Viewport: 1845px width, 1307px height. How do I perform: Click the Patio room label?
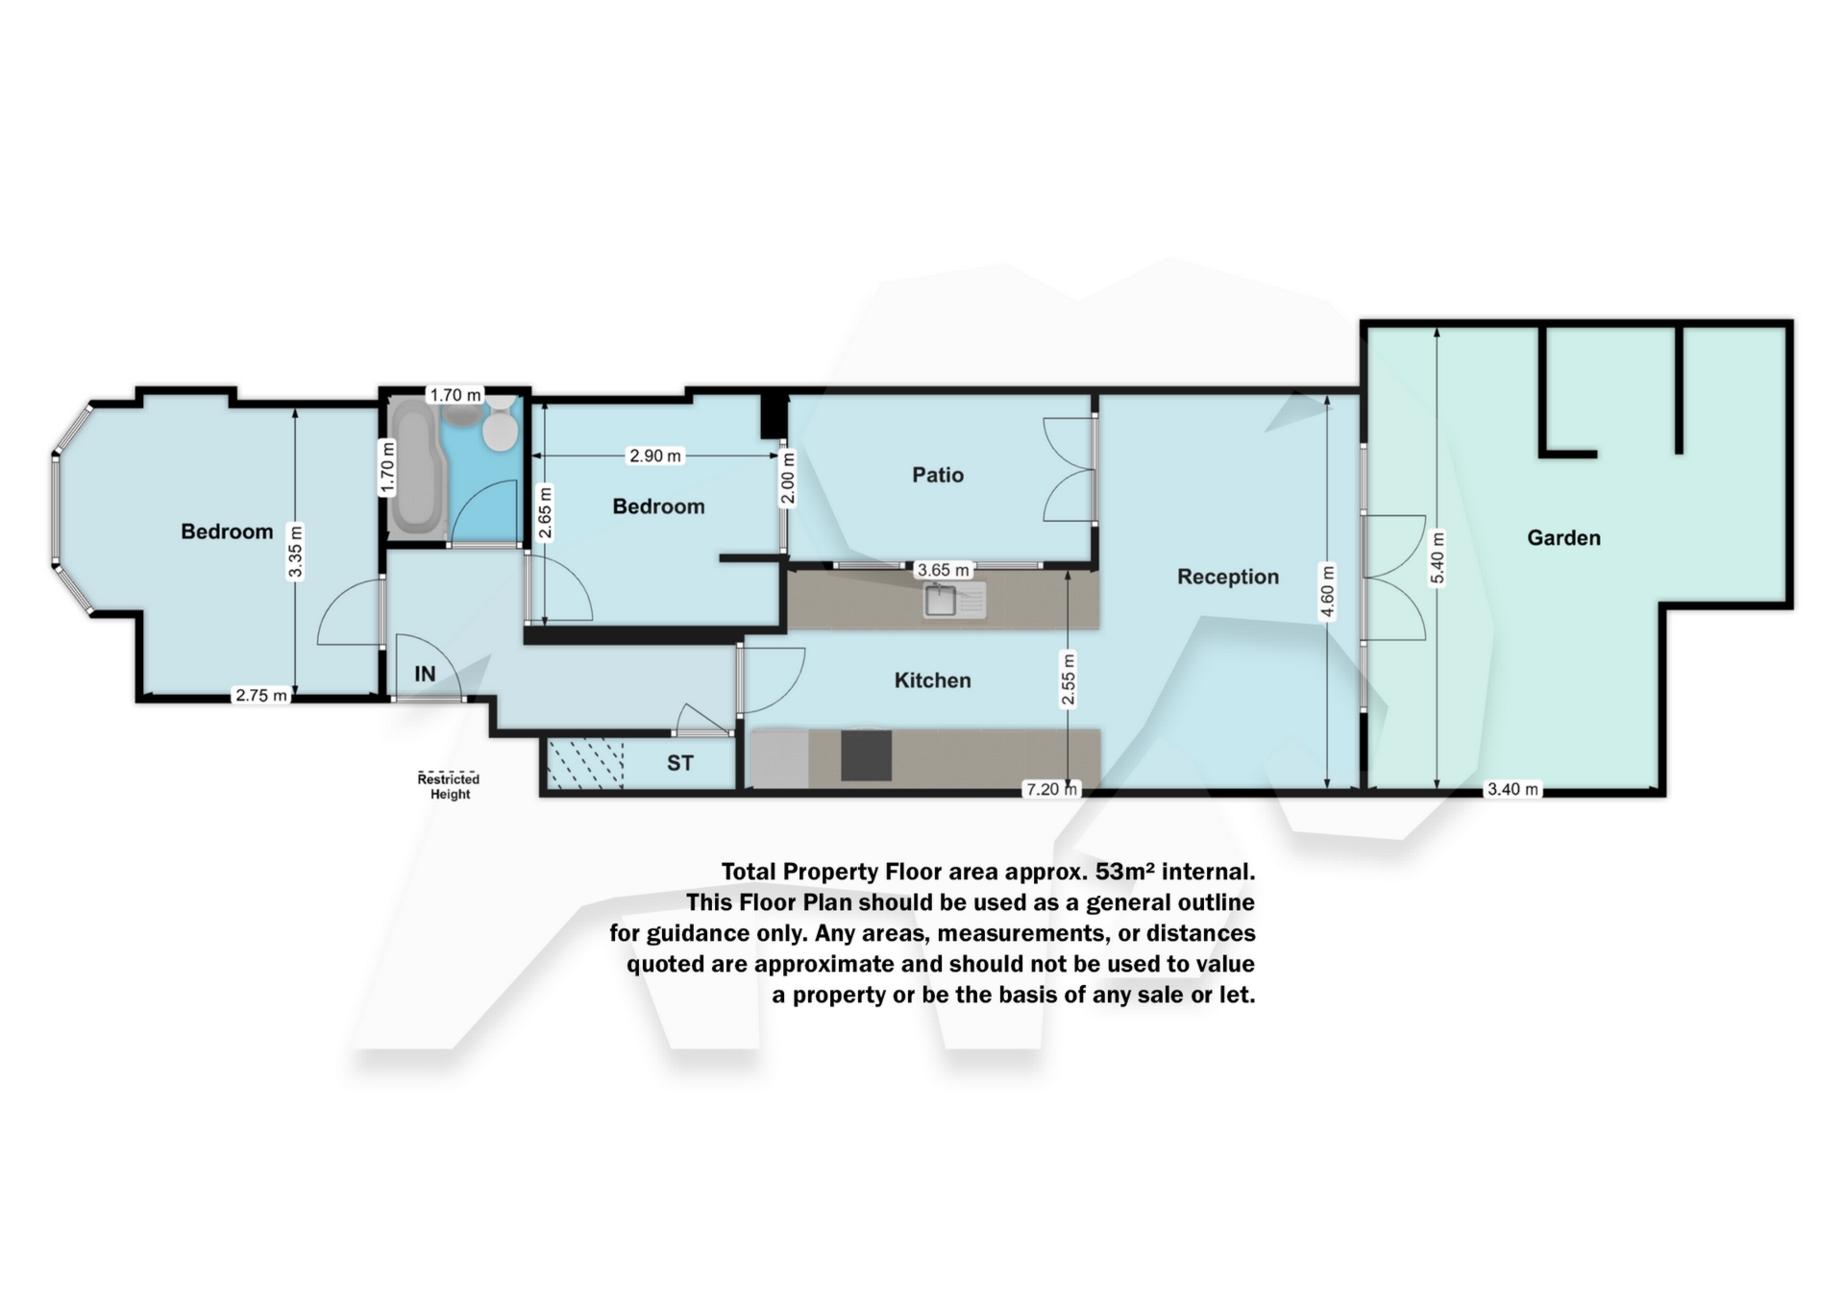[937, 475]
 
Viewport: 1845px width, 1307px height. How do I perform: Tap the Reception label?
[1228, 577]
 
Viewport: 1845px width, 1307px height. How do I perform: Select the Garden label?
[1563, 538]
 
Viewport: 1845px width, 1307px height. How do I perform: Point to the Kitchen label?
[932, 680]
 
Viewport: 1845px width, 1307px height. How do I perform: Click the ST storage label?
[680, 763]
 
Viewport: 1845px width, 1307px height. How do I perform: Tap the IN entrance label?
[425, 675]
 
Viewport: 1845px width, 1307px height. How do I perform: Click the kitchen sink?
[954, 601]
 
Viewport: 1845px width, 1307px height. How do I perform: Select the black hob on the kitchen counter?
[866, 755]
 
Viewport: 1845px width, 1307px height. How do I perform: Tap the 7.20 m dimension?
[1052, 789]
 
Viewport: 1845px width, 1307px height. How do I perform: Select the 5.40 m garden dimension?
[1438, 557]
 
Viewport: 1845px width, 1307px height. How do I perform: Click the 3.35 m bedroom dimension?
[296, 551]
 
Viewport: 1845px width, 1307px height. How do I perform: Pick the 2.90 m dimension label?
[655, 456]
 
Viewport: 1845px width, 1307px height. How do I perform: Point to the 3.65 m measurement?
[944, 570]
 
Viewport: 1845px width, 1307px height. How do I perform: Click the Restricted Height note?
[449, 786]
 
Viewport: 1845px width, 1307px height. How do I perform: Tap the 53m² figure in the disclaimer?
[1127, 872]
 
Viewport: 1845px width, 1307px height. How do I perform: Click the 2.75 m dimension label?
[261, 696]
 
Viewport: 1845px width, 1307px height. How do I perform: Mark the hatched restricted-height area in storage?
[585, 763]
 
